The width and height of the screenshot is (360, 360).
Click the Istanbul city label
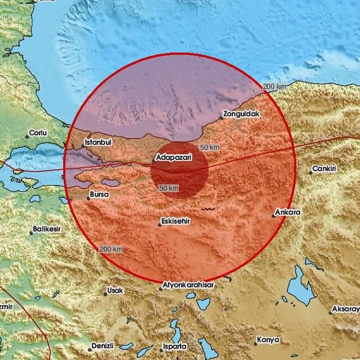(98, 143)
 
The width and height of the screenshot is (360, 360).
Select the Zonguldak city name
(241, 114)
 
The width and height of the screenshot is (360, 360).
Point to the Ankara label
(288, 212)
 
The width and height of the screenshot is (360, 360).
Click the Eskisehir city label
(176, 221)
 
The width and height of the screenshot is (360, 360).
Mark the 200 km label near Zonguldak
(274, 86)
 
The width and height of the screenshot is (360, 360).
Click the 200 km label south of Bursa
(111, 249)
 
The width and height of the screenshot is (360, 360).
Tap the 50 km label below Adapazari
(168, 188)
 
